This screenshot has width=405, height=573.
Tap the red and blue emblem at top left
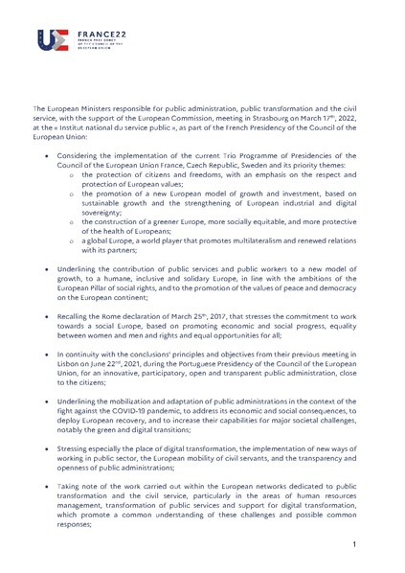pos(50,39)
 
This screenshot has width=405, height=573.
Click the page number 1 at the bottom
pos(354,545)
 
